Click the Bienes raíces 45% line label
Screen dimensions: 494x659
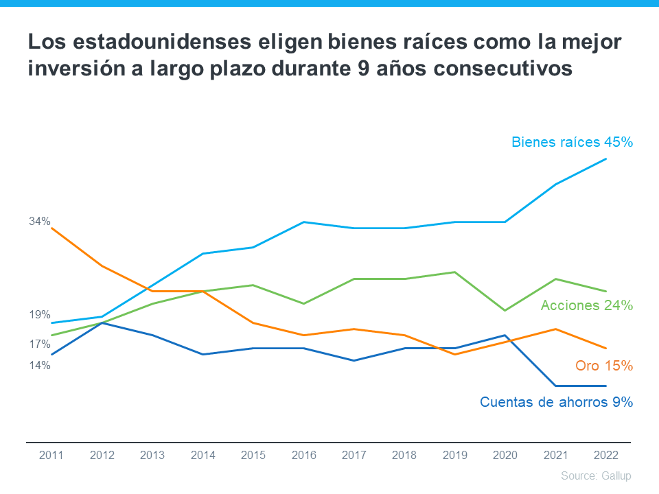tap(571, 142)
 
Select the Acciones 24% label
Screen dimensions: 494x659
tap(586, 305)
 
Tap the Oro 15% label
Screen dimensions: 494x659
tap(603, 366)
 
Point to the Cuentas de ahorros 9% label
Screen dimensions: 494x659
tap(556, 402)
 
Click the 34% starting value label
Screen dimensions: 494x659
tap(40, 221)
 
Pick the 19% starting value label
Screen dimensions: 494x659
tap(40, 315)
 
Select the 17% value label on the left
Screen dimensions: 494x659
tap(40, 344)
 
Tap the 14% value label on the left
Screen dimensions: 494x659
tap(40, 365)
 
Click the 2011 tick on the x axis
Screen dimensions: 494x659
tap(51, 455)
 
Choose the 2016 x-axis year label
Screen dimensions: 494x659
tap(303, 455)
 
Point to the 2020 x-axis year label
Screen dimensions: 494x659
tap(505, 455)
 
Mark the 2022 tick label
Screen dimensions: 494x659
tap(605, 455)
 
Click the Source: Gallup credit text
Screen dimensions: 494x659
tap(595, 475)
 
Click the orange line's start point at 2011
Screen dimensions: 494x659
tap(52, 228)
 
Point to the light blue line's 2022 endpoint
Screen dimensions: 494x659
tap(605, 159)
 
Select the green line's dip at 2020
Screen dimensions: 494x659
tap(505, 310)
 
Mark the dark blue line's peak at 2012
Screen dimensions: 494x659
tap(102, 322)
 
